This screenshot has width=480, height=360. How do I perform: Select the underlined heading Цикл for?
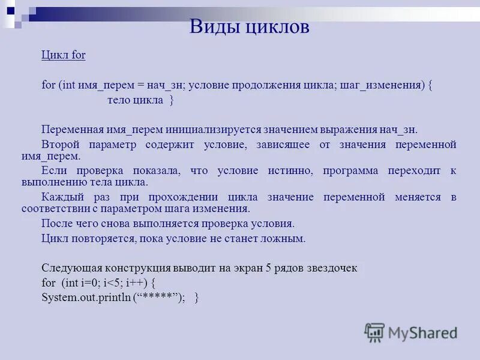point(64,55)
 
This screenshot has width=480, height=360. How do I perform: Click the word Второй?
point(61,145)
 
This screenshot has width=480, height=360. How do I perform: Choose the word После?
point(57,223)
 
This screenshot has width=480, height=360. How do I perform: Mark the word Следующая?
point(71,268)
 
